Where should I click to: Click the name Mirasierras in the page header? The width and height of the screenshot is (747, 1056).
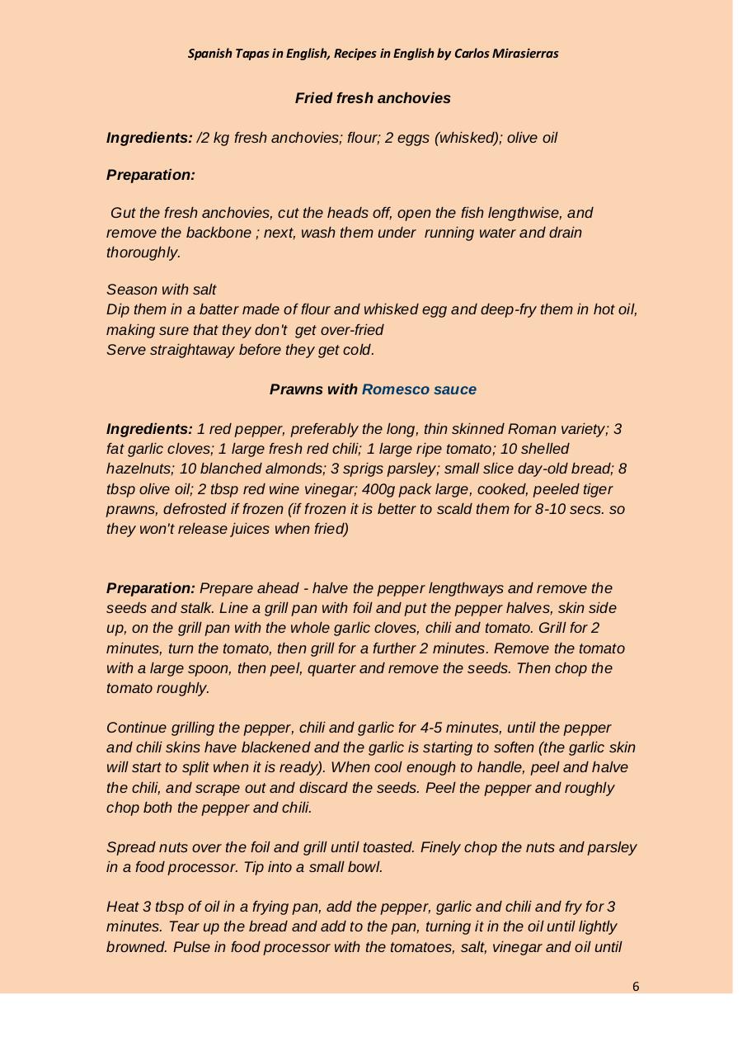[x=523, y=54]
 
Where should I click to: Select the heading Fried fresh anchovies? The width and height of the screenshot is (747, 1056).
[x=373, y=98]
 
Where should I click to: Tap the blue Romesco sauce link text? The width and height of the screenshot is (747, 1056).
[x=419, y=389]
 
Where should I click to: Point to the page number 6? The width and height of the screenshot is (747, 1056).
[x=636, y=987]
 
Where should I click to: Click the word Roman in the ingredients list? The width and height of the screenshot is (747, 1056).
[x=530, y=429]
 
